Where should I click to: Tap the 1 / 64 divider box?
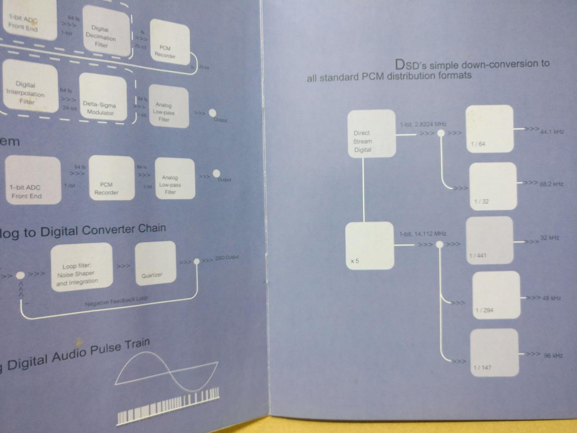click(x=489, y=129)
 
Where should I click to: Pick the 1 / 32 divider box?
click(x=493, y=186)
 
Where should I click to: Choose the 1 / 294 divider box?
click(x=495, y=295)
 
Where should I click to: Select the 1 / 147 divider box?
click(x=494, y=352)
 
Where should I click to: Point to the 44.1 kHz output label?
click(x=552, y=132)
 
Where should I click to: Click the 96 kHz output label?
click(x=553, y=355)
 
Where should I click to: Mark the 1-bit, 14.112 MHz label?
click(x=422, y=234)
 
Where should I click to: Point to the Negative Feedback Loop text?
click(x=116, y=301)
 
